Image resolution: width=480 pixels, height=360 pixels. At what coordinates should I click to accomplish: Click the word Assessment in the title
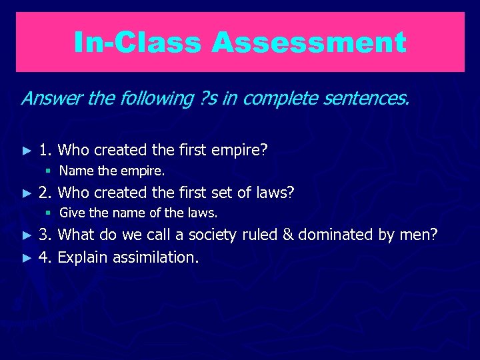(309, 43)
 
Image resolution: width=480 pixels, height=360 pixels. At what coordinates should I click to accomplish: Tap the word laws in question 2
(276, 193)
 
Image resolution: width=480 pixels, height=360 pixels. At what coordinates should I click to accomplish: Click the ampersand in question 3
(287, 235)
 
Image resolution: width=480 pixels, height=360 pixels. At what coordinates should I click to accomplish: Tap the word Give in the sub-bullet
(71, 214)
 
